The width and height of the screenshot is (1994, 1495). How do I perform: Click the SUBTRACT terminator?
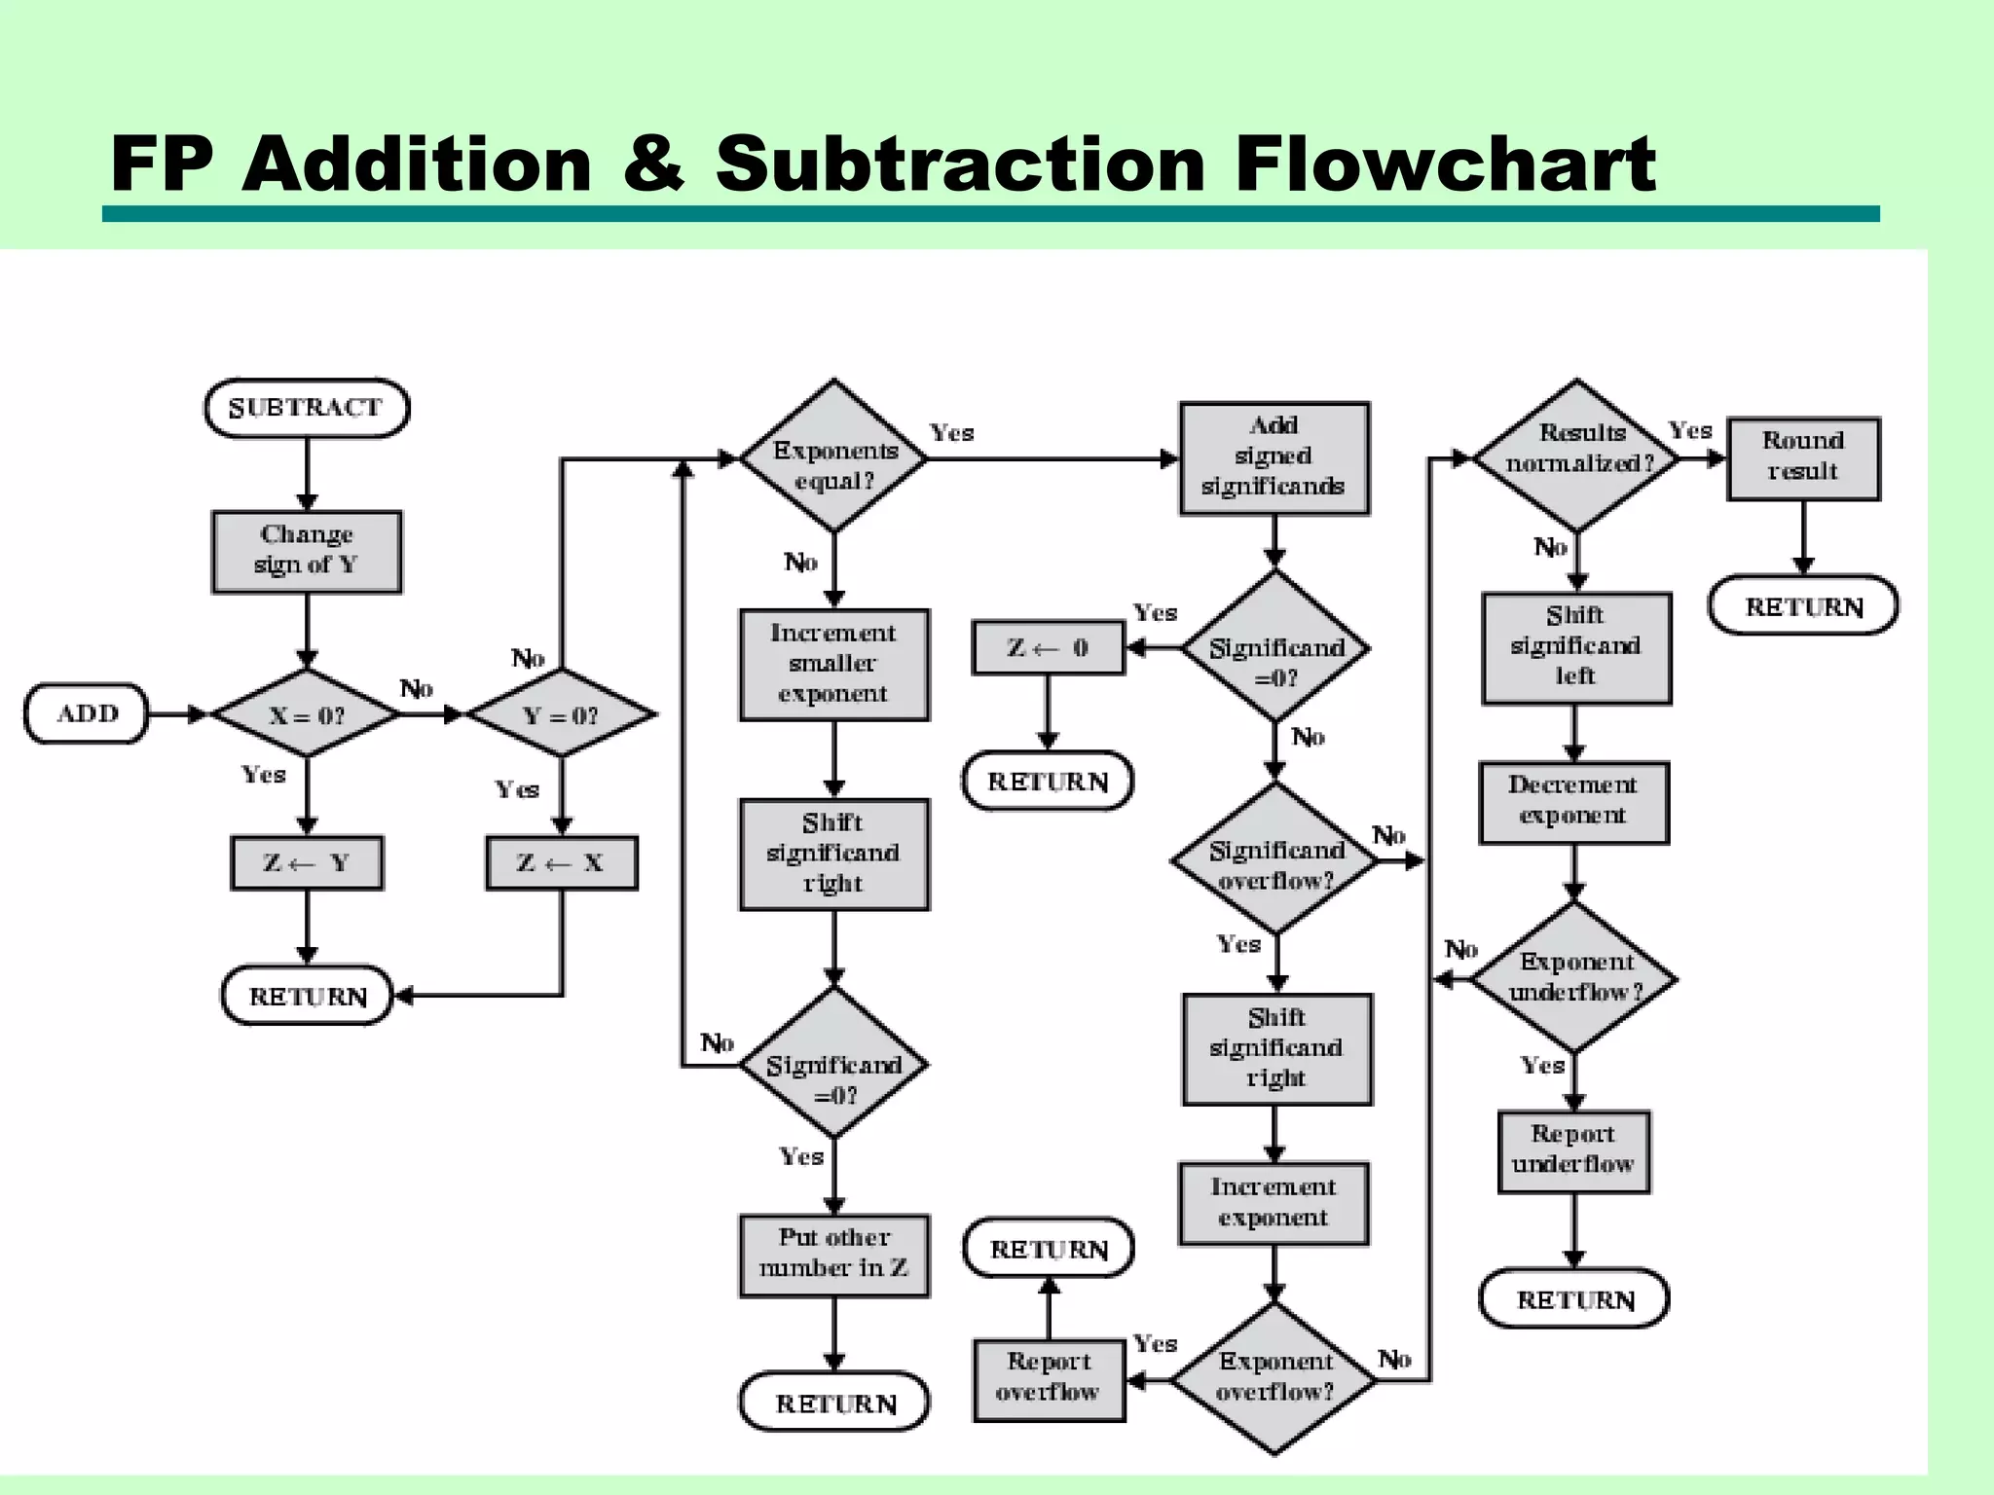tap(307, 408)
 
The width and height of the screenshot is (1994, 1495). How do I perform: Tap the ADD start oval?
tap(87, 713)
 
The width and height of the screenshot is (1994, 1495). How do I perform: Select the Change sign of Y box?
tap(307, 551)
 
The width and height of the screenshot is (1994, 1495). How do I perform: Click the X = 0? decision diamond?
tap(307, 714)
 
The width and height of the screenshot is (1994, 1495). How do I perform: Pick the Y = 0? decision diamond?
tap(561, 714)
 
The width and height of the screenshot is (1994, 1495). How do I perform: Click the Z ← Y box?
tap(307, 862)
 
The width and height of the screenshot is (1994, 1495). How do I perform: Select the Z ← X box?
tap(562, 862)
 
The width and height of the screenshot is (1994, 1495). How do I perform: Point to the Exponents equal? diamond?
tap(834, 457)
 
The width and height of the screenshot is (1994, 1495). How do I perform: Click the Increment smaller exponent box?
tap(834, 665)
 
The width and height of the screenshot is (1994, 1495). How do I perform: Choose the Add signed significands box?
tap(1274, 457)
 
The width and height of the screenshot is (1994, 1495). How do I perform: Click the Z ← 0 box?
tap(1049, 648)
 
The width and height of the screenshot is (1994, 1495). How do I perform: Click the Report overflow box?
tap(1049, 1379)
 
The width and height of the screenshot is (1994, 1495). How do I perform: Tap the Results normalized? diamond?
tap(1576, 456)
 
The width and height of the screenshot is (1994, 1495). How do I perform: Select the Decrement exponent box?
tap(1574, 802)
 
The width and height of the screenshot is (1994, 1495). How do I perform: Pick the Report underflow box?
tap(1574, 1151)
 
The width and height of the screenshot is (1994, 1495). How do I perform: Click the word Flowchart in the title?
tap(1445, 164)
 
